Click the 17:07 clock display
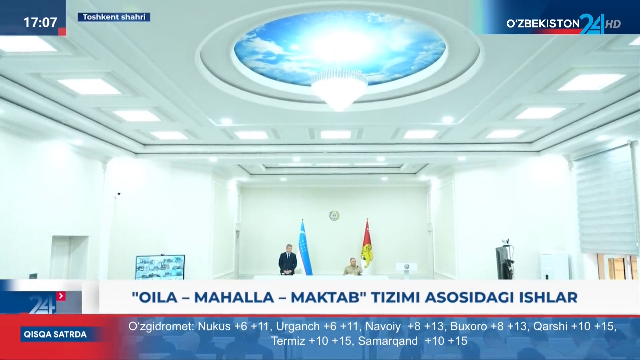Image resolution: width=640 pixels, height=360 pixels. point(40,22)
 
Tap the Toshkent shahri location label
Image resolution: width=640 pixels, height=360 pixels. point(114,17)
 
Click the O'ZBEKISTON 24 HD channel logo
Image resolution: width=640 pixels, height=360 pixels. point(563,24)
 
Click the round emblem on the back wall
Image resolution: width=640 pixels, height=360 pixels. point(334,215)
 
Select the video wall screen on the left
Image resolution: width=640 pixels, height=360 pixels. point(160,267)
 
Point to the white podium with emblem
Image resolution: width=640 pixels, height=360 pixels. point(407,270)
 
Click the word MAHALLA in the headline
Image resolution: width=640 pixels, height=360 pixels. point(234,297)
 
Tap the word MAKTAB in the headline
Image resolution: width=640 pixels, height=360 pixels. point(326,297)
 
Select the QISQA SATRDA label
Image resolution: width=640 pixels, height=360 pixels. point(55,334)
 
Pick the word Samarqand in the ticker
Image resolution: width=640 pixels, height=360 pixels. point(388,341)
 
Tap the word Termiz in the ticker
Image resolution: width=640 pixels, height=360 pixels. point(288,341)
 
